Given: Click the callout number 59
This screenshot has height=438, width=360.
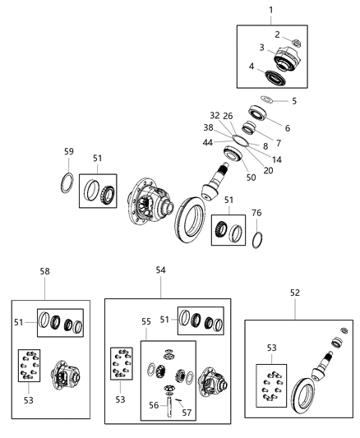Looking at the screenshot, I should [x=69, y=151].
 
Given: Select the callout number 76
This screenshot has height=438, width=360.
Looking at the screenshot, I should [x=257, y=213].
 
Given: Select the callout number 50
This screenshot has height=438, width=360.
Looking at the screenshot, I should [x=250, y=178].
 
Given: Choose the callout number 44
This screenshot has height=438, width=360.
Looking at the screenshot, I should [x=210, y=142].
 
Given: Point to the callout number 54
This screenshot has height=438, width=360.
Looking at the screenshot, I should [x=160, y=270].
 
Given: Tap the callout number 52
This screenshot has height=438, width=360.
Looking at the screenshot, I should [x=294, y=293].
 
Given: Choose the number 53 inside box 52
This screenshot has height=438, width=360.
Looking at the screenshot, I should [x=270, y=348].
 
